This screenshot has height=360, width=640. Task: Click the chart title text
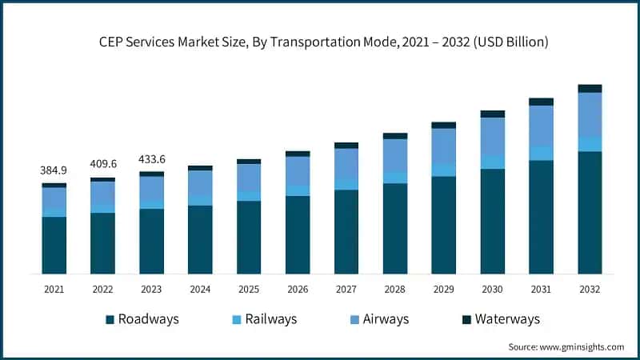pos(320,42)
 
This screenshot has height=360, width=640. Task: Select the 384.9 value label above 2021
pos(54,170)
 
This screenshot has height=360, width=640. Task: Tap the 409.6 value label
pos(102,164)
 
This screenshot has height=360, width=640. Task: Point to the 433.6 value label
pos(151,158)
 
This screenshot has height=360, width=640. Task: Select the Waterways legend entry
pos(500,319)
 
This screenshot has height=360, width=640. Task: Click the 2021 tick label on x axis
pos(54,288)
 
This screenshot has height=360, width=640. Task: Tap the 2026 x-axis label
pos(298,288)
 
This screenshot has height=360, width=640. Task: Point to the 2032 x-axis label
pos(590,288)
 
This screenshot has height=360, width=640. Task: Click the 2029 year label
pos(443,288)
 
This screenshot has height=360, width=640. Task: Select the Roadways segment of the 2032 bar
pos(590,212)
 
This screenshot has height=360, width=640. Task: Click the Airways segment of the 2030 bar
pos(492,137)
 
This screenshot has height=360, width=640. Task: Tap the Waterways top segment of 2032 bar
pos(590,88)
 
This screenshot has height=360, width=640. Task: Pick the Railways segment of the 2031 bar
pos(541,153)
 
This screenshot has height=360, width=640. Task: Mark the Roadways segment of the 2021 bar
pos(54,245)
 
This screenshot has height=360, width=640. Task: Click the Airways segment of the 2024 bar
pos(200,183)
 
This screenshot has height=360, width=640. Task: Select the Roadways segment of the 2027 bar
pos(346,232)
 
